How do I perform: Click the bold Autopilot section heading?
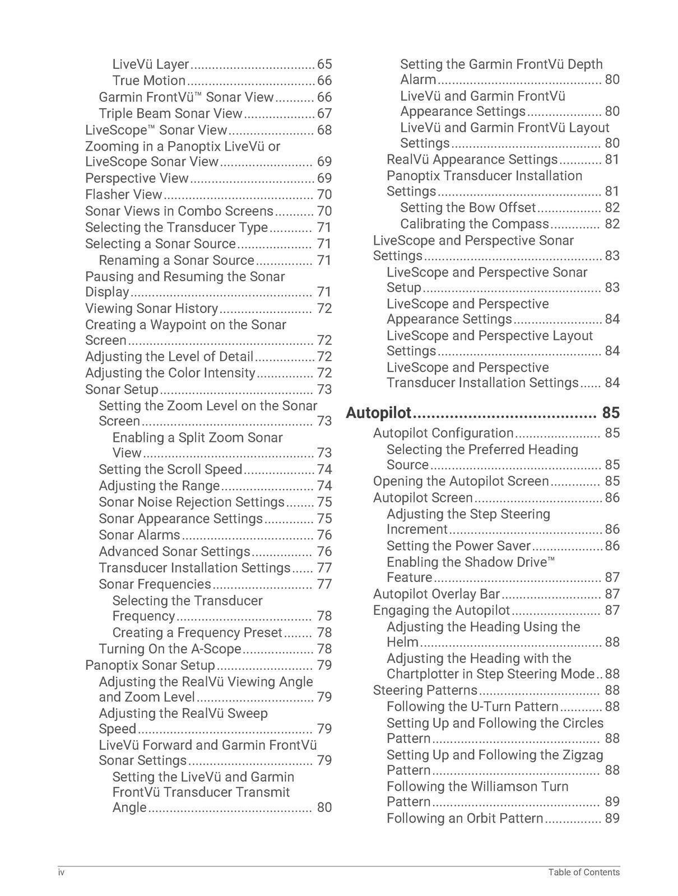(x=379, y=413)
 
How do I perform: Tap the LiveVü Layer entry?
(x=151, y=64)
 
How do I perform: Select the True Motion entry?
(x=149, y=81)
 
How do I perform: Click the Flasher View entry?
(x=123, y=195)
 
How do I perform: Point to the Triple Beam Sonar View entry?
(x=170, y=114)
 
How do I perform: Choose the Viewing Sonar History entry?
(x=151, y=309)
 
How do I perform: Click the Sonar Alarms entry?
(x=140, y=535)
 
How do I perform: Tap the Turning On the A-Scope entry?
(x=170, y=649)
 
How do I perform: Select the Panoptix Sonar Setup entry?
(x=150, y=665)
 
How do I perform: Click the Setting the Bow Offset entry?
(x=468, y=208)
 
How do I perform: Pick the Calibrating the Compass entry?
(x=475, y=224)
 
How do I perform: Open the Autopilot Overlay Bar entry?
(x=436, y=594)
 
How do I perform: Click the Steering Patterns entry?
(x=425, y=690)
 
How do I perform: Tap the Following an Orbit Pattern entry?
(x=465, y=819)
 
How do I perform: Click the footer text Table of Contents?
(x=584, y=872)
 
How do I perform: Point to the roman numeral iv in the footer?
(x=61, y=872)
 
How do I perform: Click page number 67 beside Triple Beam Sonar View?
(x=324, y=114)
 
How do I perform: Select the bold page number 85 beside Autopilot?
(x=611, y=413)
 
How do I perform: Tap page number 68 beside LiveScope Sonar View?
(x=324, y=130)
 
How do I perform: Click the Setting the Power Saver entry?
(x=458, y=546)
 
